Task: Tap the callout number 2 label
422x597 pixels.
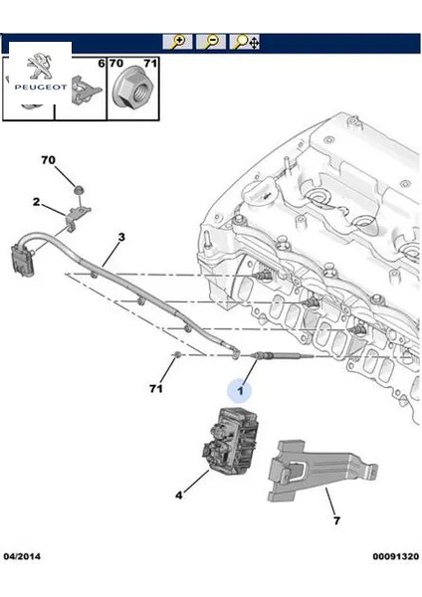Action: (37, 202)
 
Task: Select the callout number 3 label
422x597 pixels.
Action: (121, 237)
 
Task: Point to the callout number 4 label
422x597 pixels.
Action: (178, 494)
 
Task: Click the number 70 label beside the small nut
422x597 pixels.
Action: (49, 160)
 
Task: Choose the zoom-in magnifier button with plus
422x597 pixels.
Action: (177, 42)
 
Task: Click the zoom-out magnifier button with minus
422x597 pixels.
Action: (210, 42)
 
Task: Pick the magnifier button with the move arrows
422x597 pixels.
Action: (245, 42)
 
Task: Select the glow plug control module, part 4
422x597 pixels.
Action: (232, 440)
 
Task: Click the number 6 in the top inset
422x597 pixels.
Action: (100, 64)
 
